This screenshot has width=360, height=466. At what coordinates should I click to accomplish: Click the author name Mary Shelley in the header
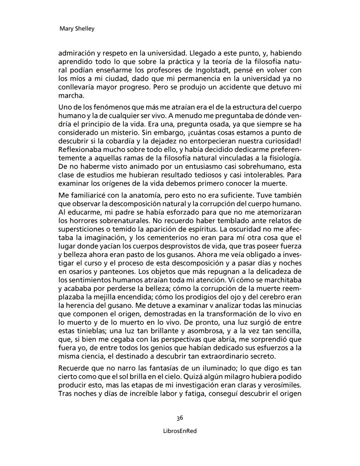pyautogui.click(x=77, y=29)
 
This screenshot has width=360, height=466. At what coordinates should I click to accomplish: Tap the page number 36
pyautogui.click(x=180, y=418)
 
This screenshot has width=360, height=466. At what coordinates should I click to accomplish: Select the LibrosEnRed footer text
pyautogui.click(x=180, y=431)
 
